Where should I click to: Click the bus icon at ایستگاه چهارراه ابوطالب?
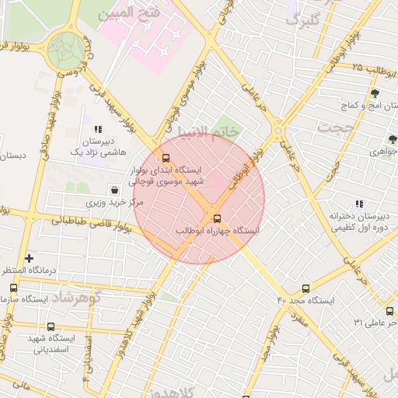click(x=217, y=218)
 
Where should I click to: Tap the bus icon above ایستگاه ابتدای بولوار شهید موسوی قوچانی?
click(x=156, y=158)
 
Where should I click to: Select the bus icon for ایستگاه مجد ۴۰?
click(x=305, y=288)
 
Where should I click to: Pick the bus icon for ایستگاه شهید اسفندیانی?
click(x=51, y=326)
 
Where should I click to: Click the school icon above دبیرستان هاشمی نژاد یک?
click(x=98, y=129)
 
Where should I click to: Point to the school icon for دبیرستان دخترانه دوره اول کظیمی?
click(x=358, y=204)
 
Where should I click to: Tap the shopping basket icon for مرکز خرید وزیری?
click(x=115, y=190)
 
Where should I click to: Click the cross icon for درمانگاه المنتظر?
click(x=30, y=257)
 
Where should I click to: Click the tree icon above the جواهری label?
click(x=393, y=138)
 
